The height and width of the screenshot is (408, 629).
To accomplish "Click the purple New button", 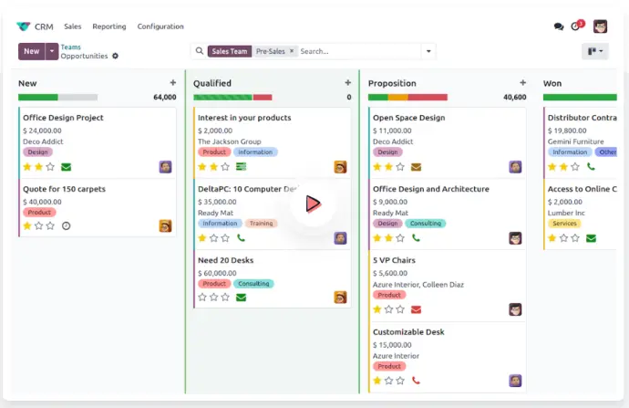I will tap(31, 51).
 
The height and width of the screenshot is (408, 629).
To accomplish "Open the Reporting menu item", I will tap(109, 26).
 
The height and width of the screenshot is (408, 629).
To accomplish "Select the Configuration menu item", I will tap(160, 26).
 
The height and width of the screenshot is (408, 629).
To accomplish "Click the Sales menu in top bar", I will tap(73, 26).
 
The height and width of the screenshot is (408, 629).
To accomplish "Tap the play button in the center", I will tap(313, 204).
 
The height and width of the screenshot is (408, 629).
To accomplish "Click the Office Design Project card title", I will tap(63, 118).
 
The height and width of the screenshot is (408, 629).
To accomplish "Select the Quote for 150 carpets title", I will tap(64, 189).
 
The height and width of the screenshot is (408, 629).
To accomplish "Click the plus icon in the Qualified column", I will tap(347, 83).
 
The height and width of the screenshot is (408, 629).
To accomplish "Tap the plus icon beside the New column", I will tap(173, 83).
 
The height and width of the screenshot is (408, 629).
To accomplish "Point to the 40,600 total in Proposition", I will tap(514, 97).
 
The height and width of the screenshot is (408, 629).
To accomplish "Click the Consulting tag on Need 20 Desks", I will tap(253, 284).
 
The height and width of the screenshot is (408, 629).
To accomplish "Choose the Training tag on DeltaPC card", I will tap(262, 224).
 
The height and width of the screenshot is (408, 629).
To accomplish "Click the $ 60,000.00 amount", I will tap(217, 273).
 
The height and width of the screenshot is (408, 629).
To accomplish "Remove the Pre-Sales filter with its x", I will tap(292, 51).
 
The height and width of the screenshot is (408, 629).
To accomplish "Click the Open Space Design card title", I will tap(408, 118).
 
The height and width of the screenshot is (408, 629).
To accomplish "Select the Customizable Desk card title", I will tap(408, 332).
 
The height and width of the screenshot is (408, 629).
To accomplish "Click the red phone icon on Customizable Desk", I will tap(416, 381).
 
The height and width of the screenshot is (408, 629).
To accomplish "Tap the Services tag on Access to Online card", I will tap(565, 224).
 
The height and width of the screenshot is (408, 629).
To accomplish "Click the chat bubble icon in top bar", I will tap(559, 26).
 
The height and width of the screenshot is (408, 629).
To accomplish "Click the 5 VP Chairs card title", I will tap(394, 260).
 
